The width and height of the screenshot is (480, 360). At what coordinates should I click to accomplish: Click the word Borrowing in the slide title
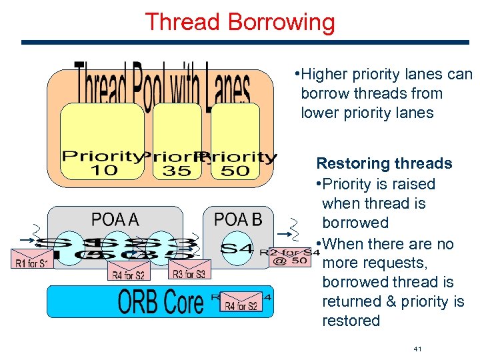[281, 22]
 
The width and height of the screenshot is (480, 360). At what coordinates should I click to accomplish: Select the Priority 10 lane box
[102, 141]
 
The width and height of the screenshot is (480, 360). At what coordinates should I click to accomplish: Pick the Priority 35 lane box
[177, 141]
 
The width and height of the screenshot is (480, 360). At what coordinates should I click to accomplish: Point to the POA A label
[115, 219]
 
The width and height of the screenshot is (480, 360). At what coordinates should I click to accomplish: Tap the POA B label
[237, 219]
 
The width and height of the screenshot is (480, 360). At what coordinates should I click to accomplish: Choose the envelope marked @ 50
[289, 257]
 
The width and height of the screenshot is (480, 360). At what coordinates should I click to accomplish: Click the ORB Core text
[160, 302]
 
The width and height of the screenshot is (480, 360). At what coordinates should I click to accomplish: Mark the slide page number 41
[418, 349]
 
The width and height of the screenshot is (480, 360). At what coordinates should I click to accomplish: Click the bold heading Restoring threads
[384, 163]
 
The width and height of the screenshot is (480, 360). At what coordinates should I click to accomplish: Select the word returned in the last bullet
[349, 301]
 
